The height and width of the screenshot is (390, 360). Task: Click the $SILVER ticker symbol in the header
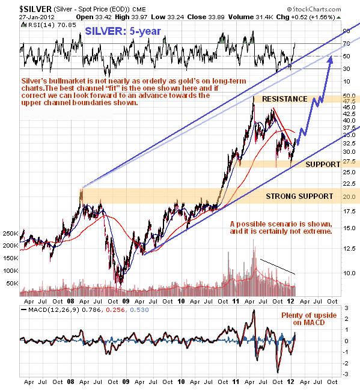(35, 9)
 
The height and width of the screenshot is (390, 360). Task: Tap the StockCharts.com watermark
(314, 10)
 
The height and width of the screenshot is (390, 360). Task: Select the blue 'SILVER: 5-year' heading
(123, 31)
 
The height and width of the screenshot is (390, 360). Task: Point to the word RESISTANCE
(285, 99)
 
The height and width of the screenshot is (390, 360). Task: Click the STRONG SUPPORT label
(299, 197)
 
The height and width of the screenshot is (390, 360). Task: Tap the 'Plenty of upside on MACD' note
(309, 319)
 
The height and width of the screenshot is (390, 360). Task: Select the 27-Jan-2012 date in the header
(37, 17)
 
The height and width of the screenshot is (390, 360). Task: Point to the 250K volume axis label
(10, 234)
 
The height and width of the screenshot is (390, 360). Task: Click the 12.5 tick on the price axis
(349, 248)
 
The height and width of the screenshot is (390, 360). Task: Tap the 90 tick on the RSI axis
(346, 31)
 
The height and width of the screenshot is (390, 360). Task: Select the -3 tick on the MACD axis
(346, 374)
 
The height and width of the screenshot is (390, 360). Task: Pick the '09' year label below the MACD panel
(126, 382)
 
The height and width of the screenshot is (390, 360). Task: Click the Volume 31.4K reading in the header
(251, 17)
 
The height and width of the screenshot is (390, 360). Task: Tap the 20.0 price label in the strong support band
(349, 197)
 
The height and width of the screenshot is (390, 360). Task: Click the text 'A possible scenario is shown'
(281, 224)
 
